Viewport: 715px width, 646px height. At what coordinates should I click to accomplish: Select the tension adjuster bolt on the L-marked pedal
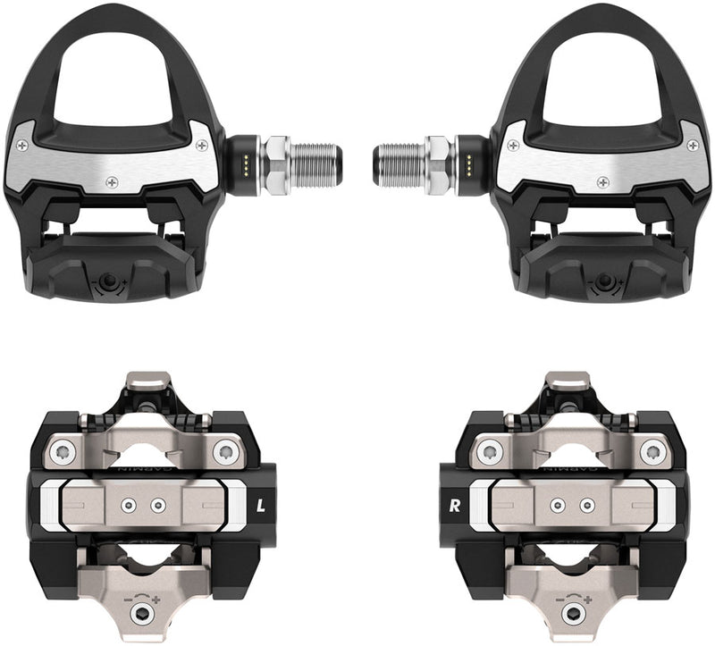coord(144,614)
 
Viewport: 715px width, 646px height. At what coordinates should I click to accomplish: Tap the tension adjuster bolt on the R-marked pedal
coord(573,614)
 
